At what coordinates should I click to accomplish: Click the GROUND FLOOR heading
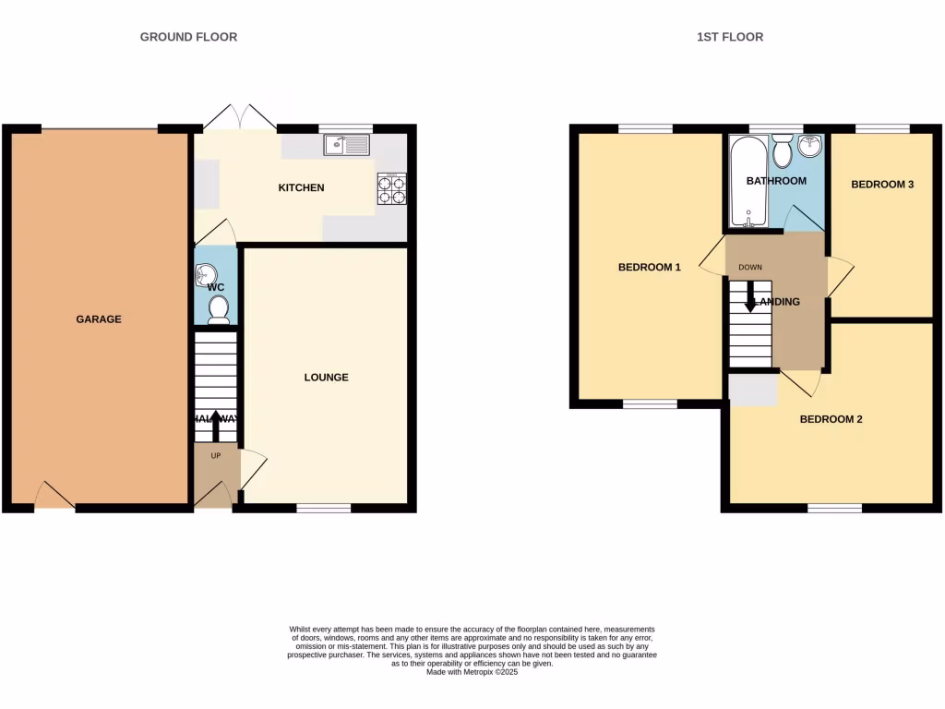click(x=188, y=37)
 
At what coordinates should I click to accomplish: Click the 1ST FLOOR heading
click(x=729, y=37)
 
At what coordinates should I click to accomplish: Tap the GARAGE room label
click(x=99, y=319)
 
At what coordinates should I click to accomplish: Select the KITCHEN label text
click(x=302, y=188)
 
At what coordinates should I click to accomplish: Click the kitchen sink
click(x=346, y=144)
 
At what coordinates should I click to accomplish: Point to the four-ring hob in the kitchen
click(x=391, y=189)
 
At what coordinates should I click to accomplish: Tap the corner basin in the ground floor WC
click(x=205, y=273)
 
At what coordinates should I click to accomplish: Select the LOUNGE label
click(x=327, y=378)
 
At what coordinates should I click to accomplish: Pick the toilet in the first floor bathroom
click(x=782, y=150)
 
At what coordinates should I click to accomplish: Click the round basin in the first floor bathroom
click(x=811, y=146)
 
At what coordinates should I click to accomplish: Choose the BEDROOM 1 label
click(x=649, y=268)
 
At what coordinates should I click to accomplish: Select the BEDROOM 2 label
click(x=831, y=419)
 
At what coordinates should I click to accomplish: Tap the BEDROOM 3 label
click(x=882, y=185)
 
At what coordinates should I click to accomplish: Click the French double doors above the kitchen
click(x=240, y=117)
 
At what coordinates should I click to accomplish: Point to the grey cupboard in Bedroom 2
click(x=752, y=390)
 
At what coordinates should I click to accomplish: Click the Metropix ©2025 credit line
click(x=472, y=673)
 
